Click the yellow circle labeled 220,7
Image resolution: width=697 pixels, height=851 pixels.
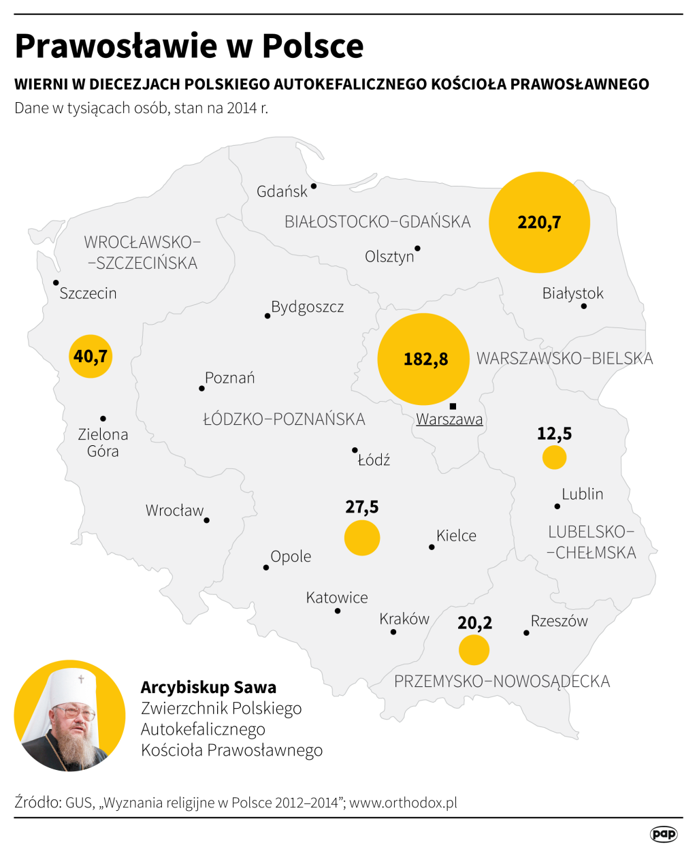click(539, 223)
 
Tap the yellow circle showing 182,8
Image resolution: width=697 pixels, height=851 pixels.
click(423, 359)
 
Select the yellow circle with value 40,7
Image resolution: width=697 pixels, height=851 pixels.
click(91, 356)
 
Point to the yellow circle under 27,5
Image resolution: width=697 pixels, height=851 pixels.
click(362, 538)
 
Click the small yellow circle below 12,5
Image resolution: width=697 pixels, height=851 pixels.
click(555, 457)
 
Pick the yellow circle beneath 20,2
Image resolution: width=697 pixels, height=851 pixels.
click(474, 650)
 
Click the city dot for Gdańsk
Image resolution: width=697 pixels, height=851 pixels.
click(314, 186)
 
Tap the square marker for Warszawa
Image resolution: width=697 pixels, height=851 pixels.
click(453, 406)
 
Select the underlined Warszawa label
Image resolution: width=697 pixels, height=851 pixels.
click(449, 419)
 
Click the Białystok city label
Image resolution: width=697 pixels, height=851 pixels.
click(572, 293)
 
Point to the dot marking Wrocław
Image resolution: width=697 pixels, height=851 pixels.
click(207, 520)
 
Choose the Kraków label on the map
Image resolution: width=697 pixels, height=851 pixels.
click(404, 619)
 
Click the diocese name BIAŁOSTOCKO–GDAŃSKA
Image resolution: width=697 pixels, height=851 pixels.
click(378, 222)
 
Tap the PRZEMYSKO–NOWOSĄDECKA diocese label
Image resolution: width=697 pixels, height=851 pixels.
click(502, 681)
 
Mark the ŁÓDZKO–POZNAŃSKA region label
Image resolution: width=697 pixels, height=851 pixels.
click(284, 419)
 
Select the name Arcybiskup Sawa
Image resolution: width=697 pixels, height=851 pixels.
click(208, 688)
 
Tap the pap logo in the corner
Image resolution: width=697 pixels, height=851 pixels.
click(663, 834)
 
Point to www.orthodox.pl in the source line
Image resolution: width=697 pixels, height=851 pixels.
click(403, 803)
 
